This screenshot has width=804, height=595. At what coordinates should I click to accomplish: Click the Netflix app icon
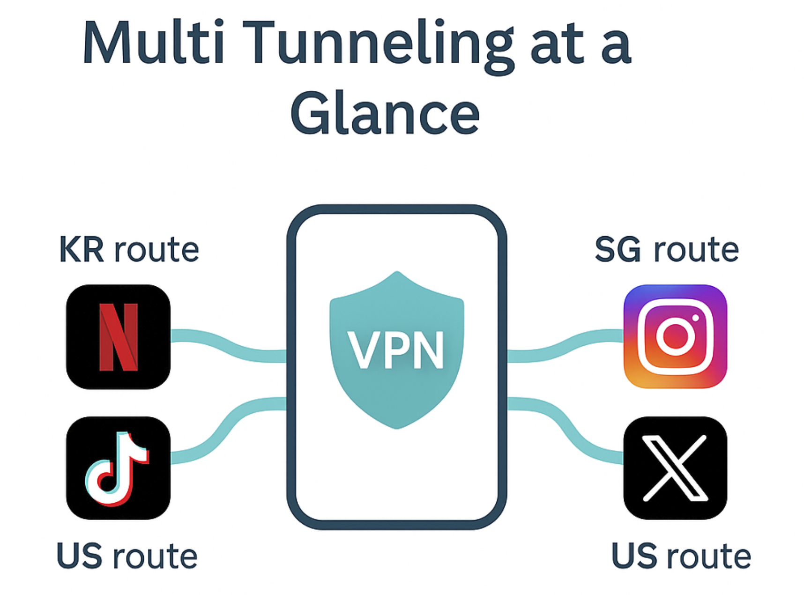(118, 336)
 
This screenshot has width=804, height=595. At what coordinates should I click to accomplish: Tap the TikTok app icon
(118, 468)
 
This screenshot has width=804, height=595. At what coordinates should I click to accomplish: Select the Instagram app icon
(675, 336)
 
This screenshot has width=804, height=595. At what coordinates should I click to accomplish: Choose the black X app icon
(675, 468)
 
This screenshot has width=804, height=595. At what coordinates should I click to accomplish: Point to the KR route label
(129, 250)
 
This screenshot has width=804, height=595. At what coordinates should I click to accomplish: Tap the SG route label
(667, 250)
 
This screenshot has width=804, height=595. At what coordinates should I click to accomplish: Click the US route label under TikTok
(127, 556)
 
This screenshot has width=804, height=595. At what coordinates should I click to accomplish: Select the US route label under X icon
(681, 556)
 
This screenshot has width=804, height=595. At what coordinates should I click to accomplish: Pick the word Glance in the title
(385, 114)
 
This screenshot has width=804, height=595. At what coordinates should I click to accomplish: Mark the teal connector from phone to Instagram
(565, 347)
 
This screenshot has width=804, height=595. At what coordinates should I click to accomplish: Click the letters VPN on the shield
(396, 350)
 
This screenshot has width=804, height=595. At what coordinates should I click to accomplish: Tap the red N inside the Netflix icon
(119, 337)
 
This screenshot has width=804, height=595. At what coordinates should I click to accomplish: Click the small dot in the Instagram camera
(695, 318)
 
